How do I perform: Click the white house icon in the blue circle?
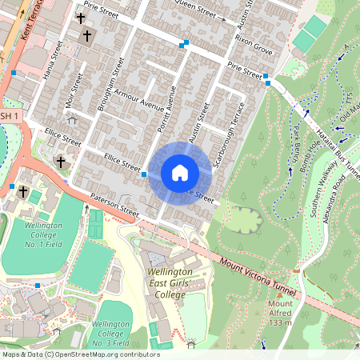click(x=180, y=173)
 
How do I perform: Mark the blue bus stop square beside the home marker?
click(x=145, y=173)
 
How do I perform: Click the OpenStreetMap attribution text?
click(x=80, y=354)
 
